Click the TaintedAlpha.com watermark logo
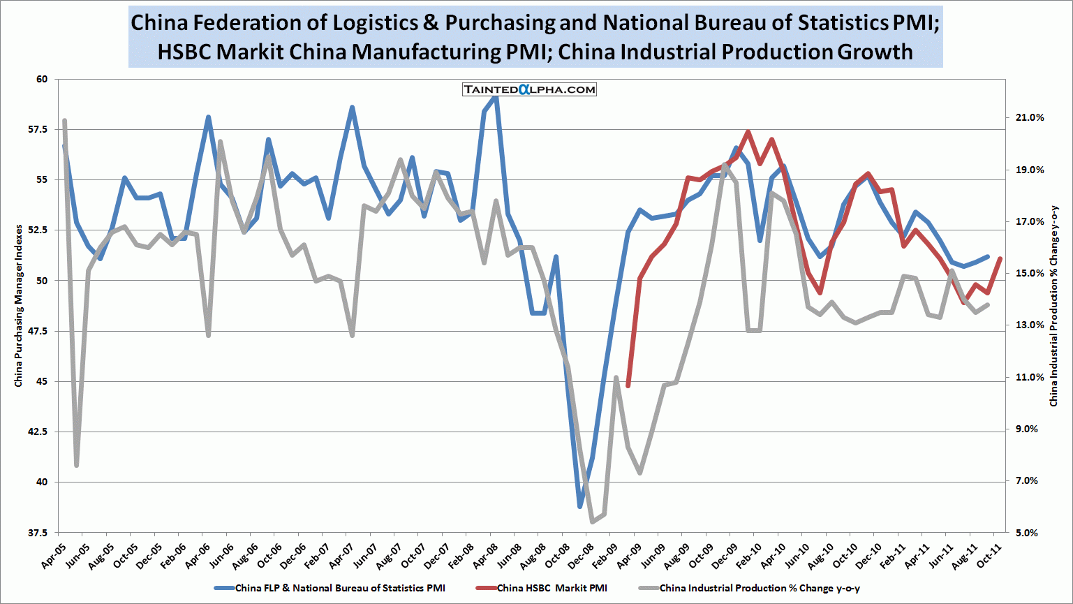[x=529, y=89]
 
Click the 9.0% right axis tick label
[x=1033, y=429]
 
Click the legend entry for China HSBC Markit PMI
[x=552, y=588]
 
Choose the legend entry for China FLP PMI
[x=339, y=588]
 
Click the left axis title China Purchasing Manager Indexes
[x=19, y=306]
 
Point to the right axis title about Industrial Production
[x=1054, y=306]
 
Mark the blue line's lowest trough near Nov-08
[x=580, y=506]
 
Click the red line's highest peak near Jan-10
[x=748, y=131]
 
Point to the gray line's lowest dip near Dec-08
[x=592, y=522]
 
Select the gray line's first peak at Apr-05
[x=64, y=121]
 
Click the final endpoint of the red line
[x=1000, y=258]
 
